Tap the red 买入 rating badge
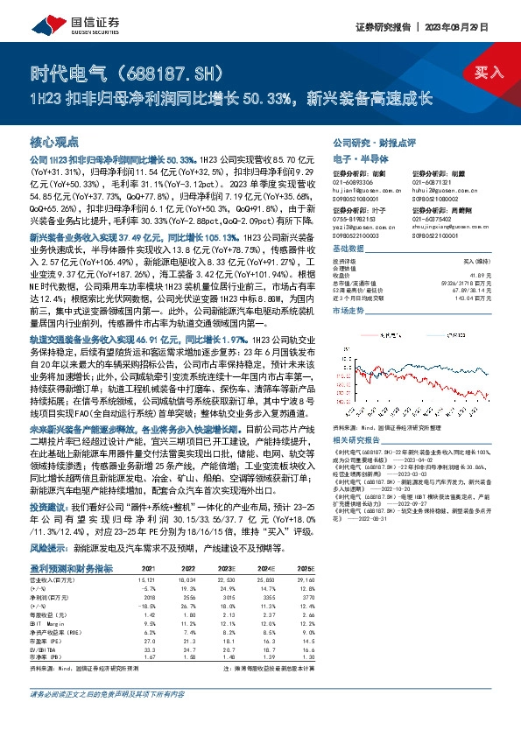click(488, 75)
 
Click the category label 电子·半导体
click(354, 159)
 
